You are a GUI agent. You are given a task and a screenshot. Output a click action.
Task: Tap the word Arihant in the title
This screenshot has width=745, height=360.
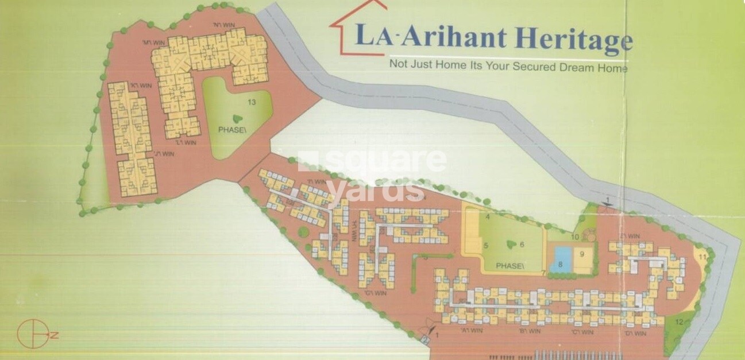click(454, 36)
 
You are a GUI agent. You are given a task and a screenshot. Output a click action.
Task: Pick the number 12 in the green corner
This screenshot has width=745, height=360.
click(679, 322)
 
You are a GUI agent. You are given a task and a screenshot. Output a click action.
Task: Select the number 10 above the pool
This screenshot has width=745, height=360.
click(574, 237)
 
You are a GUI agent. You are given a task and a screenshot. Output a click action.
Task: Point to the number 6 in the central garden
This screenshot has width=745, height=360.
click(522, 244)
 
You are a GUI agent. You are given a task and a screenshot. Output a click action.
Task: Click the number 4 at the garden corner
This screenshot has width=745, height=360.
click(487, 216)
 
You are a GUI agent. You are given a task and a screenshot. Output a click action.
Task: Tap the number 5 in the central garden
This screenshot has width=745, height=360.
click(485, 245)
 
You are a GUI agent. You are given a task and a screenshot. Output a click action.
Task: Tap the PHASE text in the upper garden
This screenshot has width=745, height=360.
click(230, 129)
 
